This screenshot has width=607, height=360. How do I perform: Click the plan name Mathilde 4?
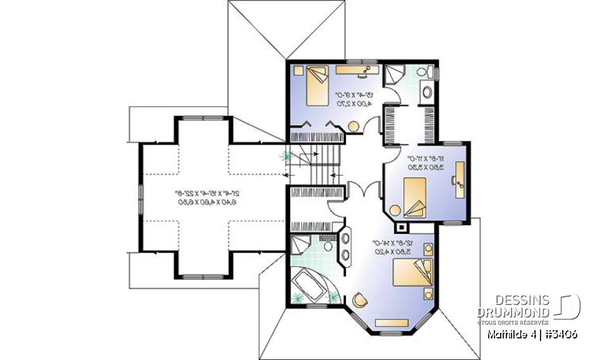(510, 333)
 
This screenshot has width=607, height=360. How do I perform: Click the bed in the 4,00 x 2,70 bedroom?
(317, 87)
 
